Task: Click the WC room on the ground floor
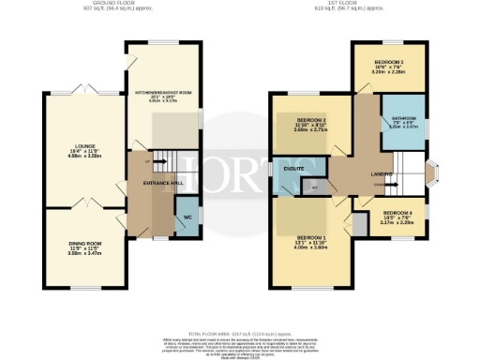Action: pos(187,217)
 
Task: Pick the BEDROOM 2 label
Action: pos(311,121)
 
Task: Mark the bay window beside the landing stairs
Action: pos(432,174)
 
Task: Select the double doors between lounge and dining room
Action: pos(82,202)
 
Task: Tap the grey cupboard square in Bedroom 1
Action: pos(359,225)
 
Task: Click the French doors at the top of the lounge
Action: pos(82,91)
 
